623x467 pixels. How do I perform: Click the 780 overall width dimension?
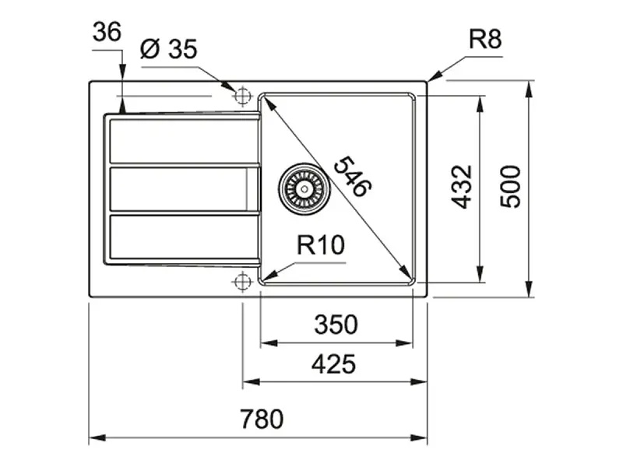(262, 419)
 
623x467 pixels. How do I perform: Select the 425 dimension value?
(333, 364)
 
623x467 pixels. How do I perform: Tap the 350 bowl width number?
(336, 324)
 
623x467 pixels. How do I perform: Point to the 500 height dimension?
(510, 187)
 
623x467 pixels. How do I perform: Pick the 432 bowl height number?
(462, 187)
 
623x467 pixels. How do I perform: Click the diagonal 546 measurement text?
(353, 177)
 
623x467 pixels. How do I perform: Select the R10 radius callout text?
(321, 244)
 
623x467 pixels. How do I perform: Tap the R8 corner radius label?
(485, 39)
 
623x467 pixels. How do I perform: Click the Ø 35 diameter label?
(169, 49)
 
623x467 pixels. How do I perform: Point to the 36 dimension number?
(107, 32)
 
